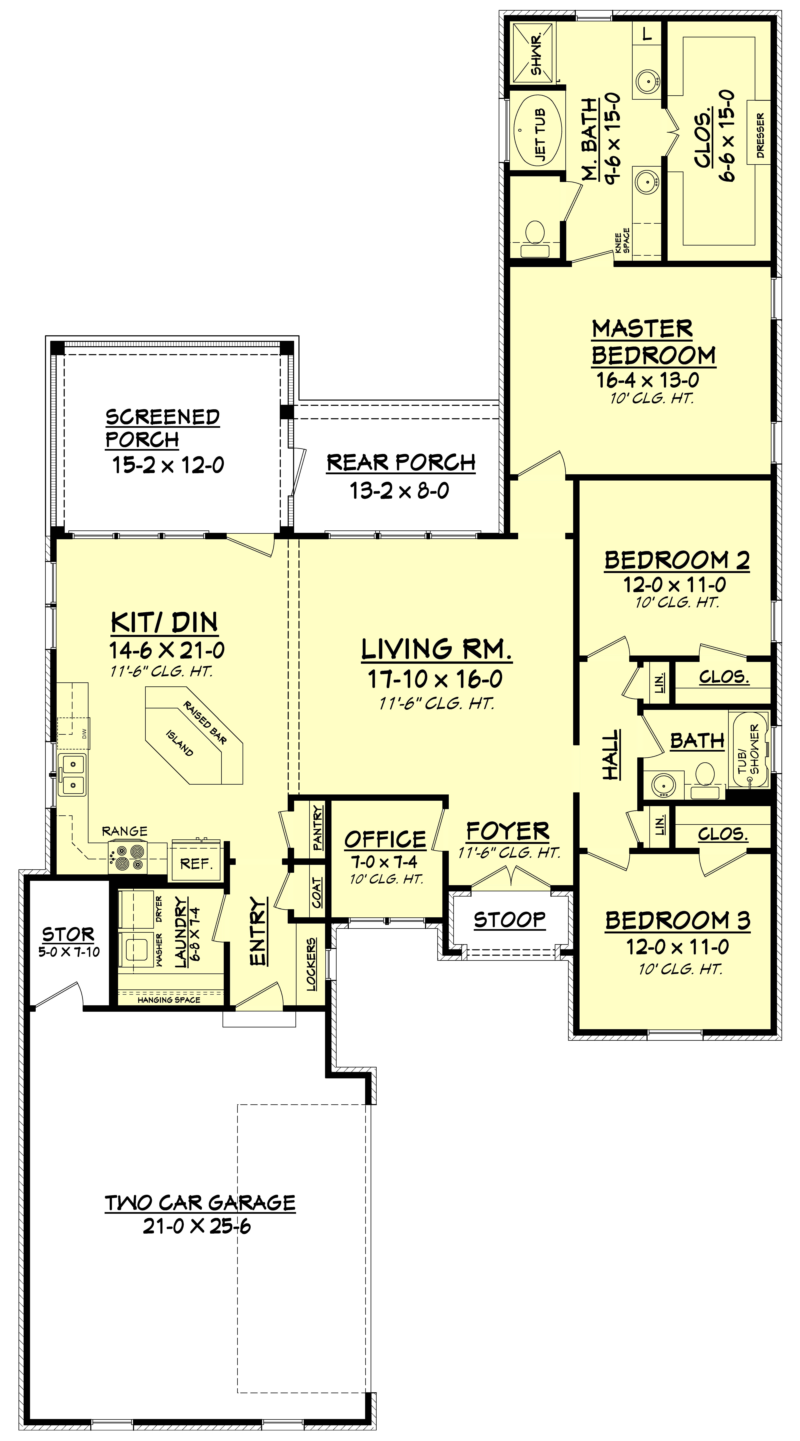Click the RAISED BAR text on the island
(x=205, y=722)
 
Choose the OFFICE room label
(x=385, y=839)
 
